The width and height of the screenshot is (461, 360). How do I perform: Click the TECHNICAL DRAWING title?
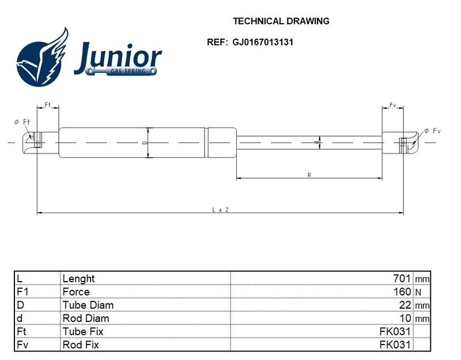tap(281, 21)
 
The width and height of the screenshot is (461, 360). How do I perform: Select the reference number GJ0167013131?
tap(263, 42)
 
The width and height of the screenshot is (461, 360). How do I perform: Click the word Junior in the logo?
tap(118, 58)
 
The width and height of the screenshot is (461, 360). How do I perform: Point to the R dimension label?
tap(309, 175)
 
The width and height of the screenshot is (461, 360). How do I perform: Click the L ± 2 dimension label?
tap(221, 210)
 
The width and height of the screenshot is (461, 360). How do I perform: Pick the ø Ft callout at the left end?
tap(22, 122)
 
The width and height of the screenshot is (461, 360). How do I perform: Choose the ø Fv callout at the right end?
tap(433, 131)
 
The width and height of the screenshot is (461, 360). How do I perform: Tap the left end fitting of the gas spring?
tap(41, 142)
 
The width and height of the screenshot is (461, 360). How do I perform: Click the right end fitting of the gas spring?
tap(400, 143)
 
